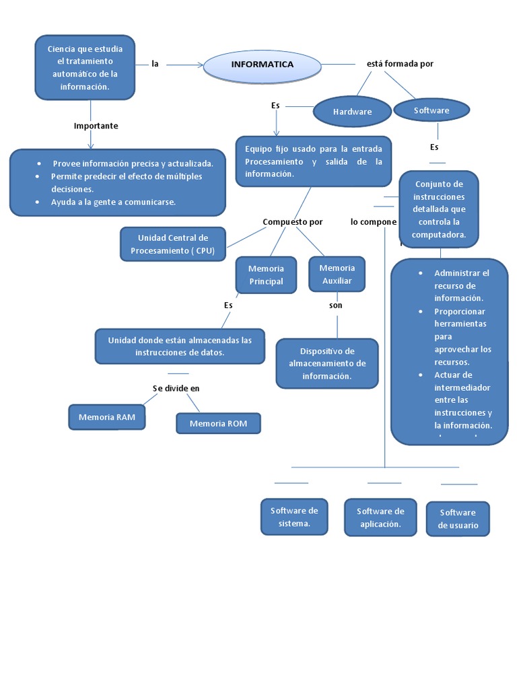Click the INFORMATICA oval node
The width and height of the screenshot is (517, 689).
click(262, 65)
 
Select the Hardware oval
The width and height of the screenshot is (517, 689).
click(352, 112)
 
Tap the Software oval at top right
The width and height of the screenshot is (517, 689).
click(432, 110)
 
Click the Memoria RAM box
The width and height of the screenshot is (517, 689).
click(107, 417)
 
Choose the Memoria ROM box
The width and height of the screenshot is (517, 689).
click(218, 423)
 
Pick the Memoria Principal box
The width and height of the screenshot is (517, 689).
click(266, 275)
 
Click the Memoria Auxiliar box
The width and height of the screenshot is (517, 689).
click(337, 274)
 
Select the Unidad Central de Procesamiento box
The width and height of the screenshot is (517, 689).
click(173, 244)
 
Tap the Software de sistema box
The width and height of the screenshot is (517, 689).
click(294, 517)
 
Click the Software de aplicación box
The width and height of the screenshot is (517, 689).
click(380, 517)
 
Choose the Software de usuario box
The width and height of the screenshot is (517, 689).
click(458, 519)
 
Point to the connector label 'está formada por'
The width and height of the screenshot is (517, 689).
click(400, 64)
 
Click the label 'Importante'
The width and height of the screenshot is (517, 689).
click(96, 126)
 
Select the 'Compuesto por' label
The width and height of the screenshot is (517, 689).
click(292, 222)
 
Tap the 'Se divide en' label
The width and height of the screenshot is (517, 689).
click(176, 388)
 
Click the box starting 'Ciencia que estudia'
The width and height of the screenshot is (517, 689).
click(85, 68)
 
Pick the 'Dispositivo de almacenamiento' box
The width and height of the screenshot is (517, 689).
click(327, 363)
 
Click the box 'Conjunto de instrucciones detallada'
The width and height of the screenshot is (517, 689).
click(439, 209)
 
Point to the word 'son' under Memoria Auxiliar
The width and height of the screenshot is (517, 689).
click(336, 305)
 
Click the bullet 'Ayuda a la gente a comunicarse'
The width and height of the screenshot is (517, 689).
click(113, 202)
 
